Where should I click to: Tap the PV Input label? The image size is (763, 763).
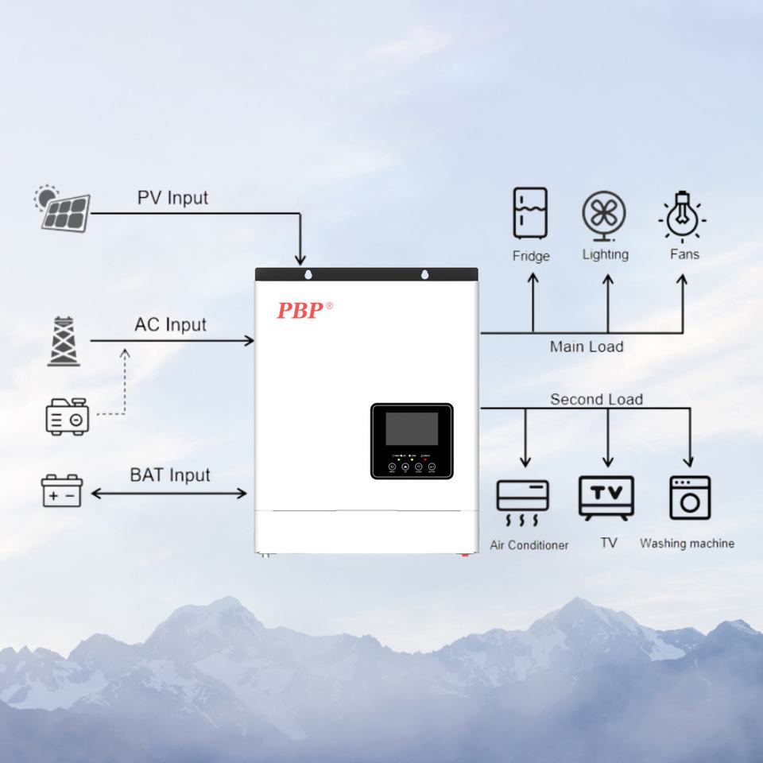pyautogui.click(x=172, y=197)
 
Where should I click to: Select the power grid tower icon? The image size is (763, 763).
pyautogui.click(x=63, y=342)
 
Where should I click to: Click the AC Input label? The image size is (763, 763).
pyautogui.click(x=170, y=324)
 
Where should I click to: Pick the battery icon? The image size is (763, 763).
pyautogui.click(x=62, y=490)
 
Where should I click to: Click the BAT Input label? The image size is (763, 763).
pyautogui.click(x=170, y=475)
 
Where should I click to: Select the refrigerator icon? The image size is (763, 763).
pyautogui.click(x=530, y=213)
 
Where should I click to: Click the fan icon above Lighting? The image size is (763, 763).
pyautogui.click(x=604, y=215)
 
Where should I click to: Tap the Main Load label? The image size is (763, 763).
pyautogui.click(x=587, y=347)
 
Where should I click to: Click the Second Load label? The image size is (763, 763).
pyautogui.click(x=596, y=399)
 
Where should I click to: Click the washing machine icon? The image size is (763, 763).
pyautogui.click(x=690, y=498)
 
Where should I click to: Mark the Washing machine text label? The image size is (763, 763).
pyautogui.click(x=687, y=544)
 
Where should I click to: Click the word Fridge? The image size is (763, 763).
pyautogui.click(x=531, y=256)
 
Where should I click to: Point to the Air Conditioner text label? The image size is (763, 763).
pyautogui.click(x=529, y=545)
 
